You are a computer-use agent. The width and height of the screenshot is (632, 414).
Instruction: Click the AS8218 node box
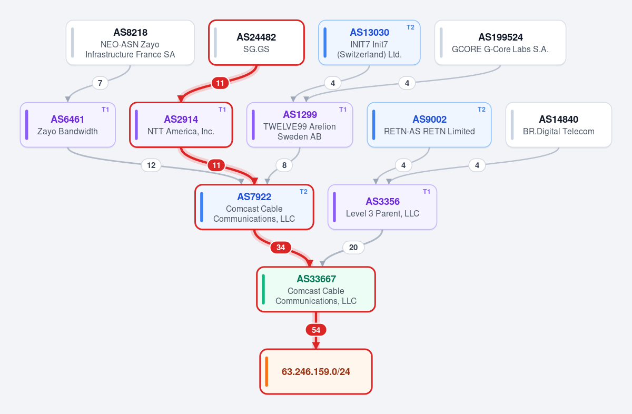click(x=130, y=43)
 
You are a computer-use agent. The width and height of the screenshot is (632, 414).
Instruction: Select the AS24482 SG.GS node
click(x=256, y=43)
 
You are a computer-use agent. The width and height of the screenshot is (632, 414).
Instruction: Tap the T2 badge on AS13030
click(x=410, y=27)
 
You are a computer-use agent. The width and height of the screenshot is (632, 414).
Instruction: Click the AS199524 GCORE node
click(x=500, y=43)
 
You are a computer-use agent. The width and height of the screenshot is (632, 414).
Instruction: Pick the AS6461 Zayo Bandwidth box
click(x=68, y=125)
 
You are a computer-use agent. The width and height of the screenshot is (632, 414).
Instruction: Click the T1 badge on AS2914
click(x=222, y=110)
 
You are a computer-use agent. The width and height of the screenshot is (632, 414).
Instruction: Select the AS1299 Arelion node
click(x=300, y=125)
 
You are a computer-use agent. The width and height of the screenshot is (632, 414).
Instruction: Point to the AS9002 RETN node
click(x=429, y=125)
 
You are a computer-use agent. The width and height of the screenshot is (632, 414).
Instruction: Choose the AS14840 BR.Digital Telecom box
click(x=559, y=125)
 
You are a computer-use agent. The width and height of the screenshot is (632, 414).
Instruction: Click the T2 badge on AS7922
click(x=303, y=192)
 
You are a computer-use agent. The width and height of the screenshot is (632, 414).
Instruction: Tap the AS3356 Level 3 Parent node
click(x=382, y=207)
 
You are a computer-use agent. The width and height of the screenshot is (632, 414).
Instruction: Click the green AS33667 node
click(x=315, y=289)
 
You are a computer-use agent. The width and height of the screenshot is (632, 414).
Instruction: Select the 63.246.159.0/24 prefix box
click(x=315, y=371)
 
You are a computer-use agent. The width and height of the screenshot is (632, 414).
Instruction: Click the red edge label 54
click(x=315, y=330)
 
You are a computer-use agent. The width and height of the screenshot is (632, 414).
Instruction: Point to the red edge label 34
click(x=280, y=248)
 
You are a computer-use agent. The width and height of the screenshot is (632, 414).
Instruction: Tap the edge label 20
click(x=353, y=248)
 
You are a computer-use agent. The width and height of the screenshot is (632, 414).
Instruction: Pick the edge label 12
click(x=151, y=165)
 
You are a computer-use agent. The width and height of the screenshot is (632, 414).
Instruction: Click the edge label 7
click(x=100, y=83)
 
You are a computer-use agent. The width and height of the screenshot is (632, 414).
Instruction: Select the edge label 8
click(x=284, y=165)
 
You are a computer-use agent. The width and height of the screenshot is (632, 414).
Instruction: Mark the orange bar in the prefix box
click(x=266, y=371)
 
